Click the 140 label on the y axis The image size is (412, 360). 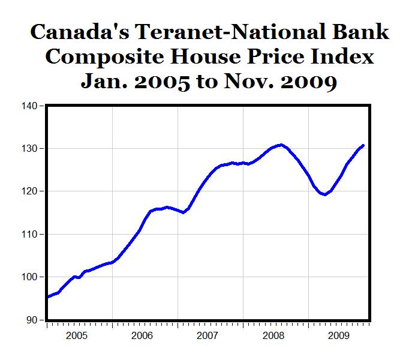coord(29,106)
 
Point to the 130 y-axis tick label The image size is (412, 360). coord(29,149)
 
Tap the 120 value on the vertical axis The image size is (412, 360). coord(29,191)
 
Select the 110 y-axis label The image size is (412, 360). coord(29,234)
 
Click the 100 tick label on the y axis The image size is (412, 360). coord(29,277)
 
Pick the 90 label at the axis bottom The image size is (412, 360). coord(32,320)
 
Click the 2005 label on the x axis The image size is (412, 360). coord(76,335)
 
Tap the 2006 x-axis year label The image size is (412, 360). coord(142,335)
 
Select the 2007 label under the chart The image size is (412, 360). coord(207,335)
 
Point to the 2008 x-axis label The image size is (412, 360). coord(273,335)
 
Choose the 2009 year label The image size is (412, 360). coord(339,335)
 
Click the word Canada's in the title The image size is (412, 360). coord(80,32)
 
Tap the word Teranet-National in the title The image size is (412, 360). coord(230,32)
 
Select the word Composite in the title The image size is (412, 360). coord(104,58)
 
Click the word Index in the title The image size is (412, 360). coord(342,56)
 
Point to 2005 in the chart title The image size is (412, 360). coord(162,82)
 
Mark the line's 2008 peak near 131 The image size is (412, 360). coord(281,145)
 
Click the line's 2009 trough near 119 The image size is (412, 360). coord(325,194)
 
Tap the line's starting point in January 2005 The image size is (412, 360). coord(49,296)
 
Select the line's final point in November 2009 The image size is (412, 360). coord(363,145)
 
